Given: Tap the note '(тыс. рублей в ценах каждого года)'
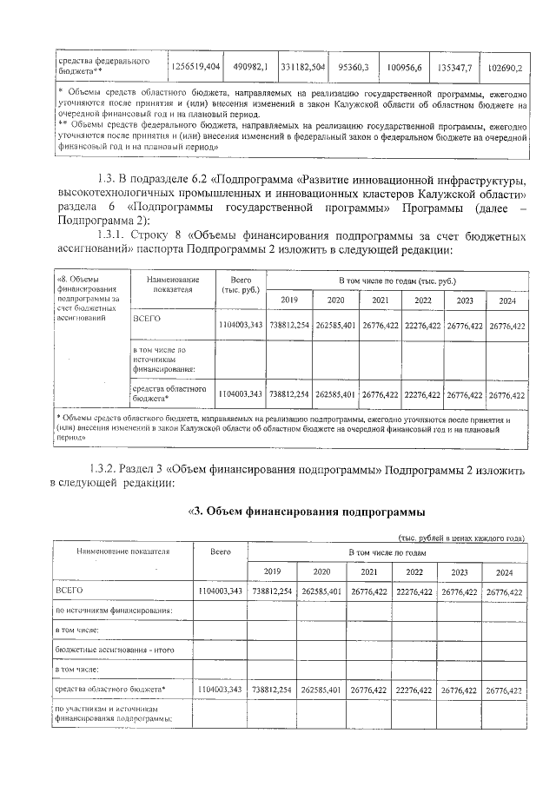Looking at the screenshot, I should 460,538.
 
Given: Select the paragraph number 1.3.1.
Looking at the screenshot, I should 114,235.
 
